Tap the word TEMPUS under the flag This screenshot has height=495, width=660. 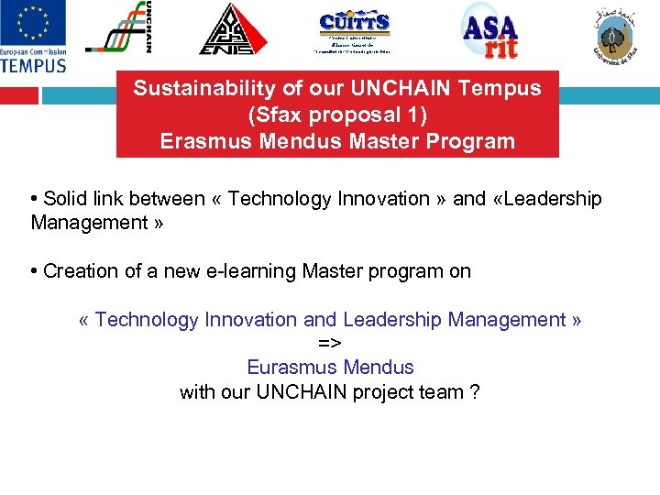click(34, 64)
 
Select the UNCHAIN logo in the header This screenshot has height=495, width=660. click(117, 28)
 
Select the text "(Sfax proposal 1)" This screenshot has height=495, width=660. click(337, 115)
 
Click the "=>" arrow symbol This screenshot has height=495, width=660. click(330, 343)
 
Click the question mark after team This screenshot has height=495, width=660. click(474, 392)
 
